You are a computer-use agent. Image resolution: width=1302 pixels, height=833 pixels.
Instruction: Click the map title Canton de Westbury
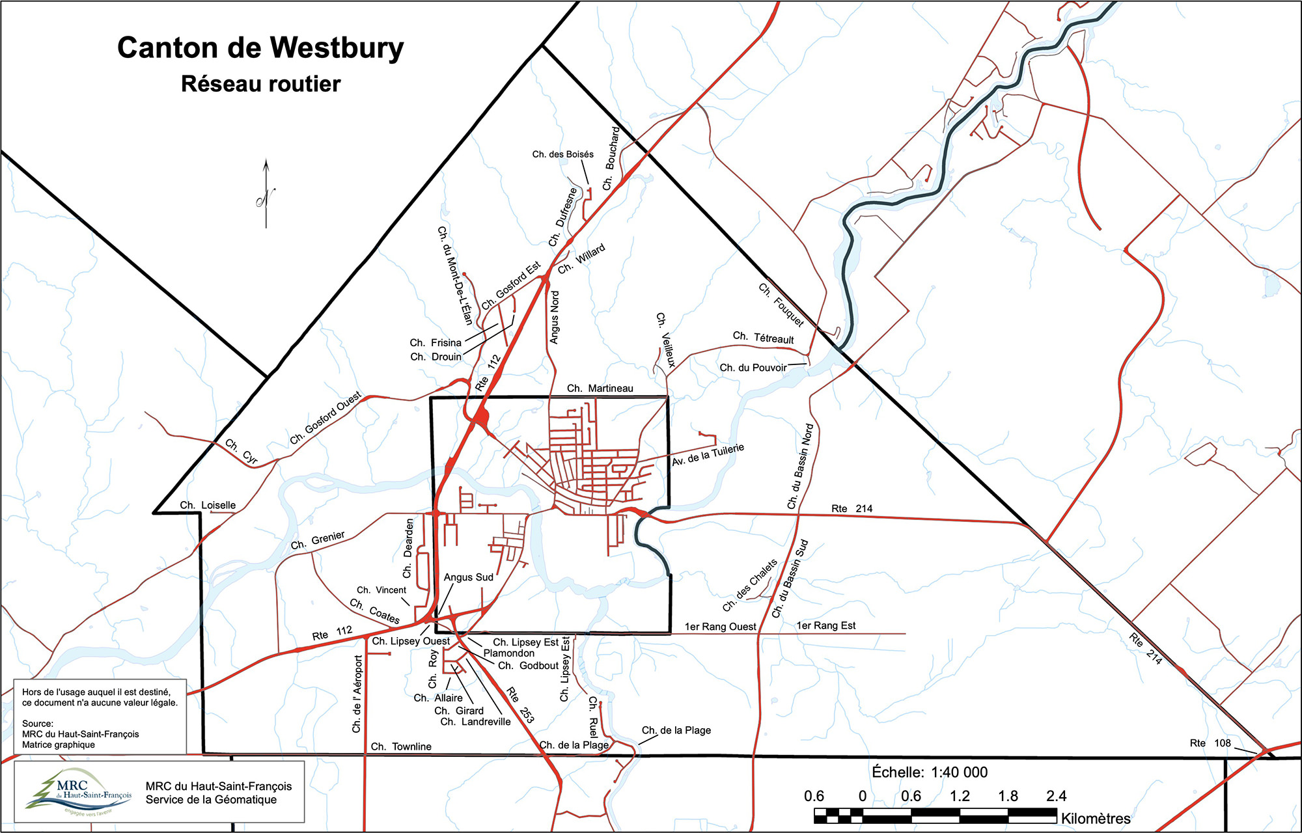(260, 49)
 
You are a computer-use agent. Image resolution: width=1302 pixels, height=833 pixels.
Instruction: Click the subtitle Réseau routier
(260, 84)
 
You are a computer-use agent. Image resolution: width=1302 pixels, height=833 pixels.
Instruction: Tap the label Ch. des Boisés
(562, 154)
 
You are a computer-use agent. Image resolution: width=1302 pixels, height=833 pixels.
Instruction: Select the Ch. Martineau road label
(600, 389)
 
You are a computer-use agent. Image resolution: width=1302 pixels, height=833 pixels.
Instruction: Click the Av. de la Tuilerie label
(708, 455)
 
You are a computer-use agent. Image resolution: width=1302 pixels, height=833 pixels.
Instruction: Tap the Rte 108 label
(1210, 743)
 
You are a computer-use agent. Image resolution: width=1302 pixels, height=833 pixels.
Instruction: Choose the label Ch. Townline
(401, 746)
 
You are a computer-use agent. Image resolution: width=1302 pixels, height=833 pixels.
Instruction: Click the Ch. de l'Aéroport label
(357, 694)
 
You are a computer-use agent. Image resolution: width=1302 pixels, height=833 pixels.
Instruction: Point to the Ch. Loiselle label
(208, 505)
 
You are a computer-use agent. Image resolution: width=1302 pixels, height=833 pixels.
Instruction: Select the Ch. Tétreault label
(763, 338)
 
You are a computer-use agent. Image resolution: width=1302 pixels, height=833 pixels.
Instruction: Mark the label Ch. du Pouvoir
(753, 368)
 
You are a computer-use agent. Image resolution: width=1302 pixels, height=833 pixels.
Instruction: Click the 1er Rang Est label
(825, 625)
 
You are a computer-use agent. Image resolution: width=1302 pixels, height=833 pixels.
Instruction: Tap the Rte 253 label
(520, 705)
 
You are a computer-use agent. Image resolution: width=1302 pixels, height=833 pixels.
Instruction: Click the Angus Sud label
(468, 577)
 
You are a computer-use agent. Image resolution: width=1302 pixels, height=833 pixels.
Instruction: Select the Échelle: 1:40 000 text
(930, 772)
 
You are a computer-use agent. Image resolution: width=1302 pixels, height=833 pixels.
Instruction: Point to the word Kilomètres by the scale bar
(1096, 819)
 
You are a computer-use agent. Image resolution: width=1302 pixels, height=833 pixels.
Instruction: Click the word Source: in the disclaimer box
(37, 724)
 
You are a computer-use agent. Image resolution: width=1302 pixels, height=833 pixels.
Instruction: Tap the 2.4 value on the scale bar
(1056, 796)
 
